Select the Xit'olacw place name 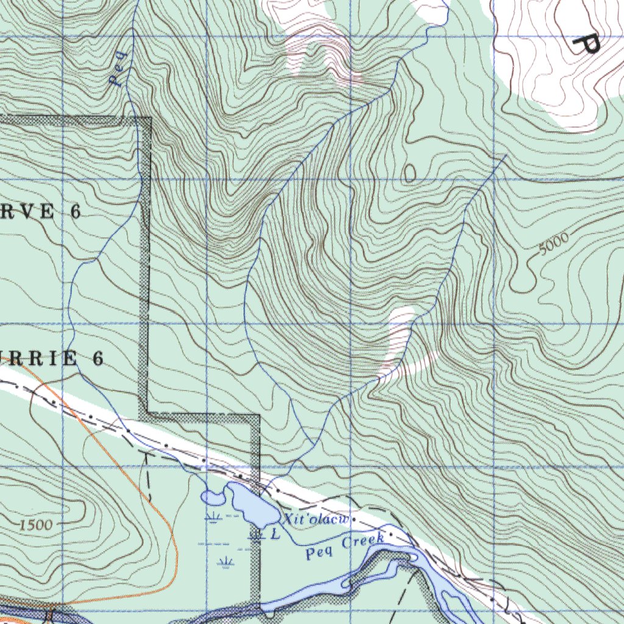(314, 520)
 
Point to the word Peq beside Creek (319, 553)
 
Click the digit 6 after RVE (75, 212)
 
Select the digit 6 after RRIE (97, 359)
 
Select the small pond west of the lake (213, 498)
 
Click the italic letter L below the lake (275, 534)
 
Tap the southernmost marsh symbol (225, 561)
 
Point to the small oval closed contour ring (409, 174)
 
